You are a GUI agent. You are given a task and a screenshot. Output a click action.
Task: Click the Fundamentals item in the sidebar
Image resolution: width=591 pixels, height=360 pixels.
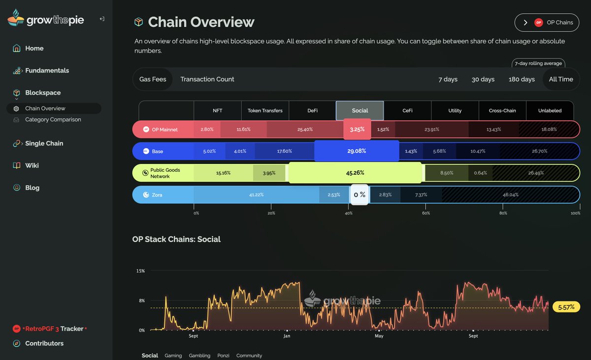tap(47, 70)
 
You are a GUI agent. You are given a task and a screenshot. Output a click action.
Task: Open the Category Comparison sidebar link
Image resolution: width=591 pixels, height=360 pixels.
tap(53, 120)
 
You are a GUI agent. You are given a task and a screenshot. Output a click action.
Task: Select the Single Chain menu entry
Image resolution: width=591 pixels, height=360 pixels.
tap(44, 143)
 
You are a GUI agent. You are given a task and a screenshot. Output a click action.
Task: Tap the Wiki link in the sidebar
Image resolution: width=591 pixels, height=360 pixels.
tap(32, 165)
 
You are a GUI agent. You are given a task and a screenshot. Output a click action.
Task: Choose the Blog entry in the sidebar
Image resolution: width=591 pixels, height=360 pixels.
tap(32, 188)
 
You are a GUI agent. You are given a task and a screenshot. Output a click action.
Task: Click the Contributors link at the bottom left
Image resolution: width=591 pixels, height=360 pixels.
tap(44, 343)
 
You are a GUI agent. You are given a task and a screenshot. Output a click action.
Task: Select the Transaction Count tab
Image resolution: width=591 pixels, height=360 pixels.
tap(207, 79)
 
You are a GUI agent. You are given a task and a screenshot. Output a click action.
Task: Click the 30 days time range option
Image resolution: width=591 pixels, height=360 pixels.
tap(483, 79)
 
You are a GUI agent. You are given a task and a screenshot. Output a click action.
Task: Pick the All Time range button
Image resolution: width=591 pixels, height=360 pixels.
tap(560, 79)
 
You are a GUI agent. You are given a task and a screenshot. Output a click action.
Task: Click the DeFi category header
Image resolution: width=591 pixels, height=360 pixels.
tap(312, 111)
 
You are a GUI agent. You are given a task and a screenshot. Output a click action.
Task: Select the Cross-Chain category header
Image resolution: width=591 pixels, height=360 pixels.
tap(502, 111)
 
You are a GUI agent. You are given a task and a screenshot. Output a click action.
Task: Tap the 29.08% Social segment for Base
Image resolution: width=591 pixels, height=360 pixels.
tap(357, 151)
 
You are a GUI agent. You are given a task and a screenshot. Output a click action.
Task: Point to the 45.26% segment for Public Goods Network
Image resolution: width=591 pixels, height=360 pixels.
tap(355, 173)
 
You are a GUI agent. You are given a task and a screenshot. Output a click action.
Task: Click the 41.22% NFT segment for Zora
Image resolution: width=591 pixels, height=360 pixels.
tap(256, 195)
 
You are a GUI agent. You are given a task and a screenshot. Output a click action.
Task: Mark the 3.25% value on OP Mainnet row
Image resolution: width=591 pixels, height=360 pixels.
tap(357, 130)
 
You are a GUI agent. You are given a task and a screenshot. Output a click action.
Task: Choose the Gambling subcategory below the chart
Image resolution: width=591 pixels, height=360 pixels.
tap(199, 356)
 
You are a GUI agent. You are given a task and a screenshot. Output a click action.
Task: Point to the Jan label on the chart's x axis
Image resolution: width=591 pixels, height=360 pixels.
tap(287, 336)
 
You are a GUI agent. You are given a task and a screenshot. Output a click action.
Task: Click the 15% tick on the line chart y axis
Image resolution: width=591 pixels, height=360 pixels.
tap(140, 271)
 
